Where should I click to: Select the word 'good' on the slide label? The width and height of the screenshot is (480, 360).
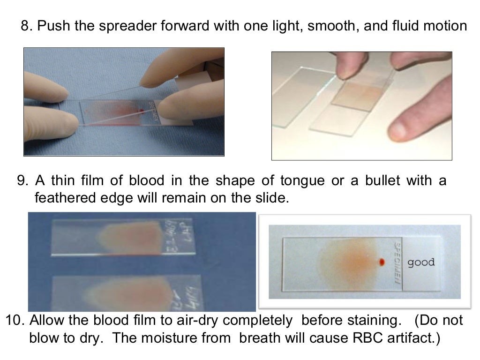(x=421, y=262)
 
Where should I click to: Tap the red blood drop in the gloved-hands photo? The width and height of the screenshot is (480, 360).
(x=141, y=111)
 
